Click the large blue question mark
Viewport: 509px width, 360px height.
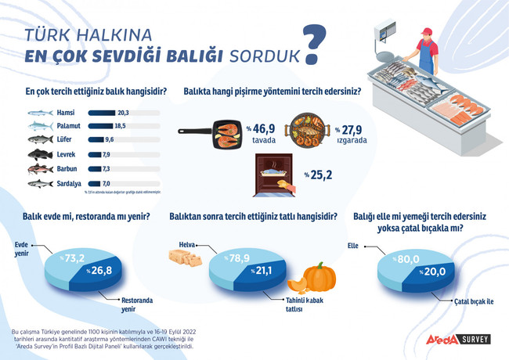click(313, 46)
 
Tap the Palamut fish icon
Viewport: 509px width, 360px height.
click(41, 126)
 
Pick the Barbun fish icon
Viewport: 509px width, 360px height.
click(41, 168)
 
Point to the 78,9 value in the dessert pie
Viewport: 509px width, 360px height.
click(239, 257)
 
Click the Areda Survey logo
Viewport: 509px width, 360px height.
click(458, 340)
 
